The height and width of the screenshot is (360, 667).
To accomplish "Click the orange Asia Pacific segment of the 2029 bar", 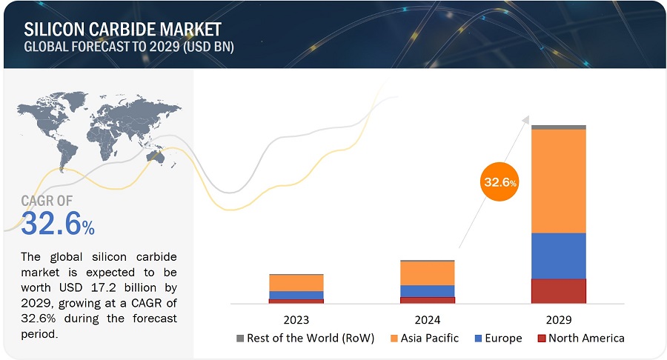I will coord(559,181).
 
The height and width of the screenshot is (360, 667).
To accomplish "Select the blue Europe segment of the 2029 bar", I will coord(559,256).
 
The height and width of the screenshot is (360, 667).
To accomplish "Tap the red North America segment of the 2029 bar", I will coord(559,290).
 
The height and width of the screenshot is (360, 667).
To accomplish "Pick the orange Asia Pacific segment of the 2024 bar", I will coord(428,273).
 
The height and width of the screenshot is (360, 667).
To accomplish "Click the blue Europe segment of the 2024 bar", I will coord(428,290).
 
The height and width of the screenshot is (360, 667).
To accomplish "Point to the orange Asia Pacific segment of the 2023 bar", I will coord(296,282).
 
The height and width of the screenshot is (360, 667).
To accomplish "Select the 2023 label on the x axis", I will coord(296,320).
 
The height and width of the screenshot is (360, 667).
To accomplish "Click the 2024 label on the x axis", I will coord(428,320).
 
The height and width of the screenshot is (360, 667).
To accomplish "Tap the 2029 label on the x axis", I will coord(559,320).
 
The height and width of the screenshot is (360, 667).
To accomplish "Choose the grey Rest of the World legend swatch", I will coord(240,339).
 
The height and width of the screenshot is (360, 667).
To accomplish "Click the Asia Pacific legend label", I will coord(430,339).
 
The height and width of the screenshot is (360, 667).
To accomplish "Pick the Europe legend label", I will coord(503,339).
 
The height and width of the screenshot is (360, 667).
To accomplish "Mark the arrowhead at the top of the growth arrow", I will coord(525,119).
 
